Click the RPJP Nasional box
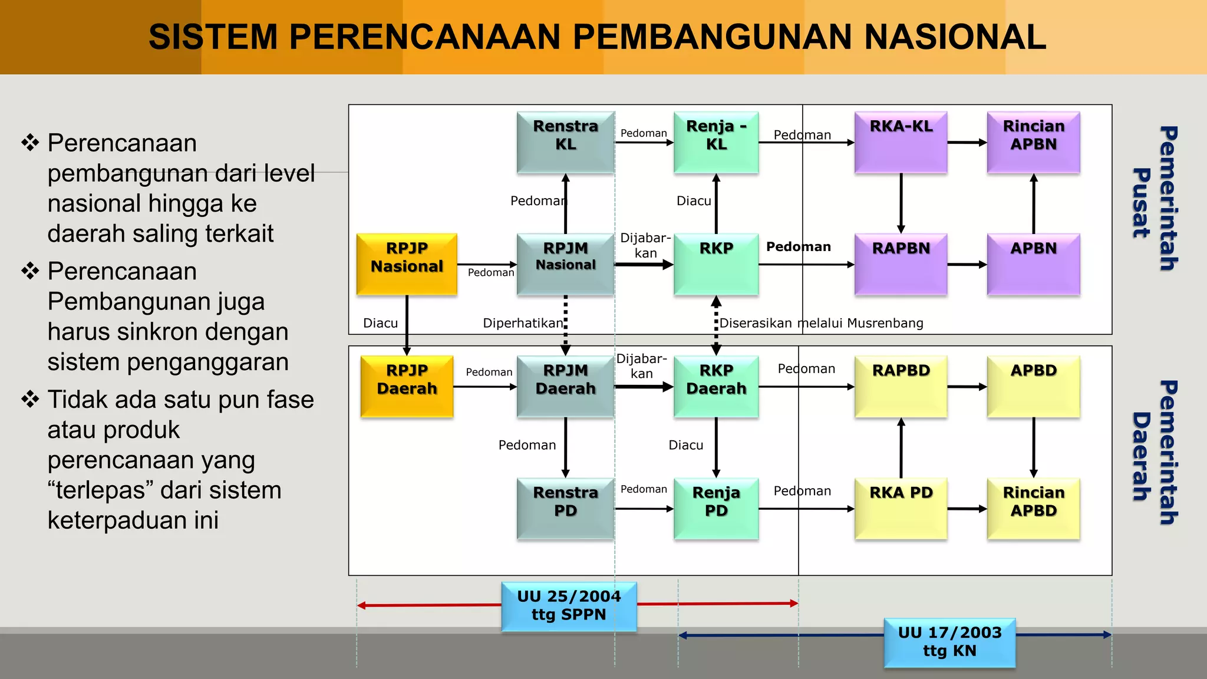point(407,264)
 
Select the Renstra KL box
point(565,142)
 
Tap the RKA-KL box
point(901,142)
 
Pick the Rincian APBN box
point(1033,142)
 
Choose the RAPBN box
point(901,264)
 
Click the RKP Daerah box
point(716,386)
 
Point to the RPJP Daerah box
point(407,386)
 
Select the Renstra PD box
point(565,508)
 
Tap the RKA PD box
point(901,508)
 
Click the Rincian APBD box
point(1033,508)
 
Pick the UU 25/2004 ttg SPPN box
point(569,606)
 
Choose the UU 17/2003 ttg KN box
point(949,642)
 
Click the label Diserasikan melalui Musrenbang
point(822,323)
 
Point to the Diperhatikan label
point(523,323)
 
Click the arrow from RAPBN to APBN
point(967,265)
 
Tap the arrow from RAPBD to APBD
point(967,387)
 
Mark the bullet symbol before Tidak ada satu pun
point(30,399)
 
